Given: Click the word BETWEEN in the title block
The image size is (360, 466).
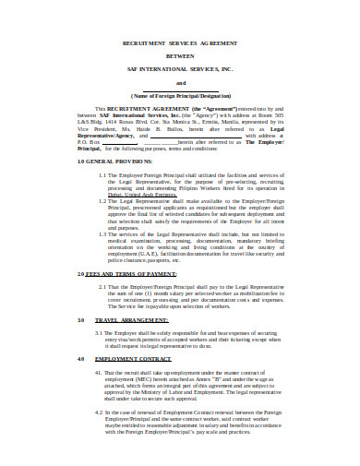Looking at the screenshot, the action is (180, 54).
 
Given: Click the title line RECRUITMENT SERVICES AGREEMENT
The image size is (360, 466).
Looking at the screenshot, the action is (180, 42).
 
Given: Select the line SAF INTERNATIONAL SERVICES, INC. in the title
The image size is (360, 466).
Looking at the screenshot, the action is (180, 66).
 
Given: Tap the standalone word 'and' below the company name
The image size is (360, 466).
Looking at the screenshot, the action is (180, 81).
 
